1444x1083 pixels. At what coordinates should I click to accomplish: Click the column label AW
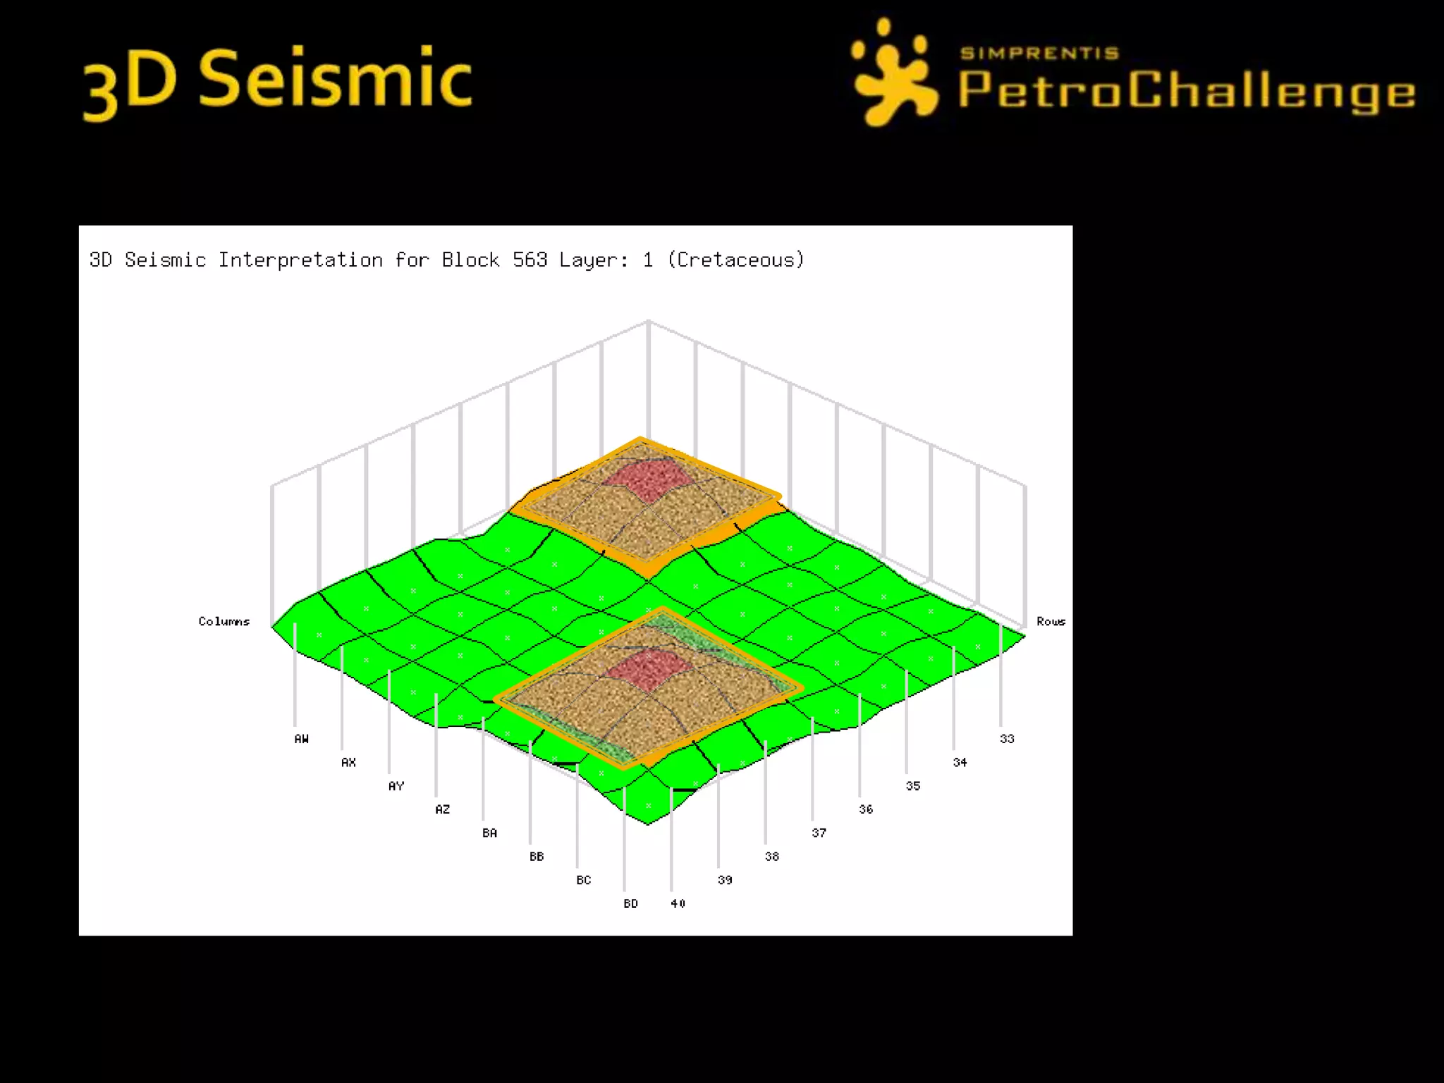click(x=301, y=739)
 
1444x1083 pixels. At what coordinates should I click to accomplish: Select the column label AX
click(x=348, y=762)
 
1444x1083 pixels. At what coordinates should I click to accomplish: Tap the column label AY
click(x=396, y=785)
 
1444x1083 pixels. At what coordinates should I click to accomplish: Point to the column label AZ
click(x=442, y=809)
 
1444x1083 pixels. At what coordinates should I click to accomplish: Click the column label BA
click(x=489, y=833)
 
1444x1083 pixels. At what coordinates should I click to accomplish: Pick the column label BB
click(x=537, y=857)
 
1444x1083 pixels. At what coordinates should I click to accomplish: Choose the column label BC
click(x=583, y=880)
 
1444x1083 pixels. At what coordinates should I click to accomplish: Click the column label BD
click(x=630, y=904)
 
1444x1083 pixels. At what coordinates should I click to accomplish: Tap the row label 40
click(x=678, y=904)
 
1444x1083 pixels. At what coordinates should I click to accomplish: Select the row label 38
click(x=772, y=857)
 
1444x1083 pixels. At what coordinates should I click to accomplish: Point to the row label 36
click(x=866, y=809)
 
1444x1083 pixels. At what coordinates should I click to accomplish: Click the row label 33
click(x=1007, y=739)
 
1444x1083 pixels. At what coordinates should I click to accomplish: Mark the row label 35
click(x=913, y=785)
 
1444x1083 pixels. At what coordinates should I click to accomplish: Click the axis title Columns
click(x=224, y=621)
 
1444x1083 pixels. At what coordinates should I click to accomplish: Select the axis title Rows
click(x=1051, y=621)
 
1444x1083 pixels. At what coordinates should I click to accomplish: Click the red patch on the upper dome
click(x=646, y=480)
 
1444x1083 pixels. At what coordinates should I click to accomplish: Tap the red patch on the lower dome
click(x=646, y=669)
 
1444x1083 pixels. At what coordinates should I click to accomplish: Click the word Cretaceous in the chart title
click(x=735, y=260)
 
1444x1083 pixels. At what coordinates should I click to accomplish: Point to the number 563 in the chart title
click(x=530, y=260)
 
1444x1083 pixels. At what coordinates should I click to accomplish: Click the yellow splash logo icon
click(x=892, y=74)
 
